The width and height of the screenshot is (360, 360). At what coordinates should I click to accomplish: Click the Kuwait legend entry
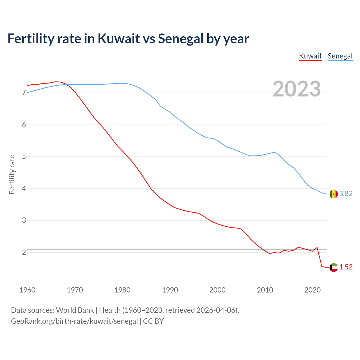tap(310, 56)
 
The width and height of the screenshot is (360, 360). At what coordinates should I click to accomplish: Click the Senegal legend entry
tap(340, 56)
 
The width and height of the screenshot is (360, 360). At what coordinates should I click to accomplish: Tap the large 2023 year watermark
tap(297, 89)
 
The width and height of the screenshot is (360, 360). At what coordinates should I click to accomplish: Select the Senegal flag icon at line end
tap(334, 194)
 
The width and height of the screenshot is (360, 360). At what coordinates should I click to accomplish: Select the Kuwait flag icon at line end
tap(334, 267)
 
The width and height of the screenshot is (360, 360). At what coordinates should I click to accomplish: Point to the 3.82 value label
tap(346, 194)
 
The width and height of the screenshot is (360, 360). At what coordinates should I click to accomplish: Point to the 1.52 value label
tap(346, 267)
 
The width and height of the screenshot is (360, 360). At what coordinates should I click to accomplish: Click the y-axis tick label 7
tap(24, 93)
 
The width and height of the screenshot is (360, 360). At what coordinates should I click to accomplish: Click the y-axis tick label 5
tap(24, 156)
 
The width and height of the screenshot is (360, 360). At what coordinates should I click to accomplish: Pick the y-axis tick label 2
tap(24, 252)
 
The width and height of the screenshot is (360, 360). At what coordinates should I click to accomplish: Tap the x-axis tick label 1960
tap(27, 290)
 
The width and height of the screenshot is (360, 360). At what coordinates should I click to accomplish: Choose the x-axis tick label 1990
tap(170, 290)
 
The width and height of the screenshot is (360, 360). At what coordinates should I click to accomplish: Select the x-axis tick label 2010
tap(265, 290)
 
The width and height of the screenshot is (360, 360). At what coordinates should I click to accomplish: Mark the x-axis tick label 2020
tap(312, 290)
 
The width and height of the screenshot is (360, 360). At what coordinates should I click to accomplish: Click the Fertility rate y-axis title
tap(12, 174)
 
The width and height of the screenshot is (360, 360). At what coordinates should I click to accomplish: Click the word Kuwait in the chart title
tap(118, 39)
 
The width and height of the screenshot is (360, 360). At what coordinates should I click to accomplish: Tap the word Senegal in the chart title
tap(181, 39)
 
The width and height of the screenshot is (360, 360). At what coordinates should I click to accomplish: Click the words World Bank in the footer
tap(75, 310)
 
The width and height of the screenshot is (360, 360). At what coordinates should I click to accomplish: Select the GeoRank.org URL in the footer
tap(74, 321)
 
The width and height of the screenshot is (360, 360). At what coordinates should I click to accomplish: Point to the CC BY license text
tap(153, 321)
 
